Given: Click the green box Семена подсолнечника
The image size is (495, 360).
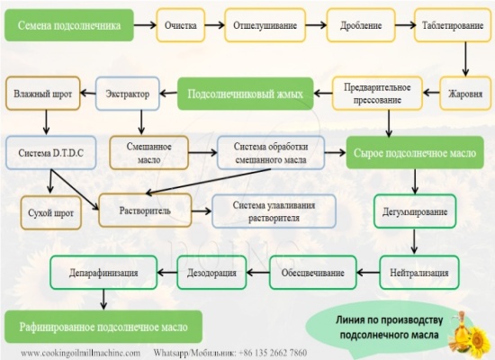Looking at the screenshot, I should pos(68,25).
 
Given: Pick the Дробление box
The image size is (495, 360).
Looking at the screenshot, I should pos(357,25).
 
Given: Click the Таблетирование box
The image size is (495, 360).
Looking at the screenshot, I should pos(450,25).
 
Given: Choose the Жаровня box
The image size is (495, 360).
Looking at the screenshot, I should pos(465,94).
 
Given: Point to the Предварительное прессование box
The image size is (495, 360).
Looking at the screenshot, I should pos(378,94).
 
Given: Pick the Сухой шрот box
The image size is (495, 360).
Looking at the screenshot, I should pos(49,213).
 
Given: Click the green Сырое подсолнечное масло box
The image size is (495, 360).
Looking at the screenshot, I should pos(415,152).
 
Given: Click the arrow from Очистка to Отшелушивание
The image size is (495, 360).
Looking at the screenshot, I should pos(212,25).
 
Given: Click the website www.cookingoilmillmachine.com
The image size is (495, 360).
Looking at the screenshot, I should pos(80,352).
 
